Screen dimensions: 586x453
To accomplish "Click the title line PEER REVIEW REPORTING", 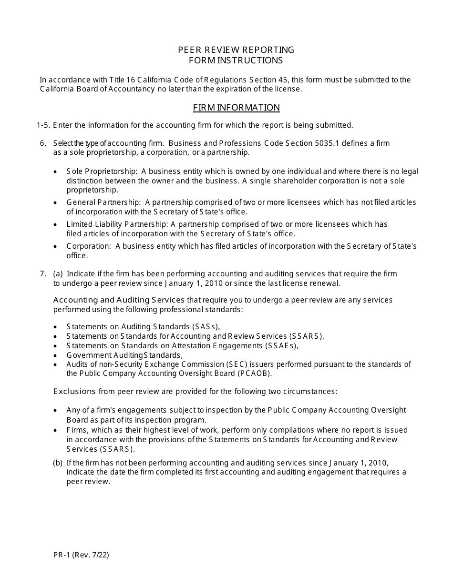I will (236, 50).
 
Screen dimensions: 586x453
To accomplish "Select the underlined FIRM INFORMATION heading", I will (236, 108).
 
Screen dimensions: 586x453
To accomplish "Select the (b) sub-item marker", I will (58, 463).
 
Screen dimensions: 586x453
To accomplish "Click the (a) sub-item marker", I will (58, 274).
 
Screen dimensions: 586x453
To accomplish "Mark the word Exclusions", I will (74, 392).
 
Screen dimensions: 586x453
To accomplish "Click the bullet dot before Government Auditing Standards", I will (56, 355).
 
